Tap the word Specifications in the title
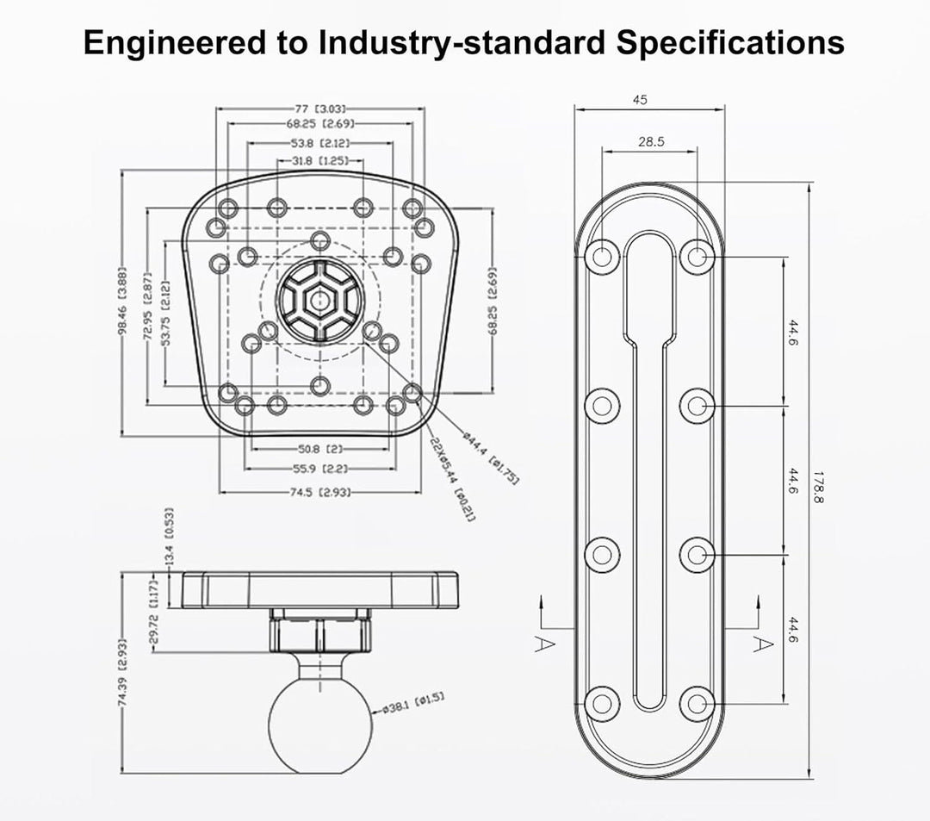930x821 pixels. (x=730, y=43)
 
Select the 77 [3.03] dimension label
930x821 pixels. (x=320, y=109)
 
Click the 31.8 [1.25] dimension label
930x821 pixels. (x=319, y=161)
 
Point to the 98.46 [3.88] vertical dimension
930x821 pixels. (x=122, y=302)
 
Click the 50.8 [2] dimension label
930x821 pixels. (x=320, y=449)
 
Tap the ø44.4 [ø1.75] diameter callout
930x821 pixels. (x=491, y=458)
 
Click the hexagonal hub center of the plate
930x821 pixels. (x=319, y=300)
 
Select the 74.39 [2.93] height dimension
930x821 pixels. (x=122, y=672)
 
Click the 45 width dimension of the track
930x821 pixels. (x=640, y=100)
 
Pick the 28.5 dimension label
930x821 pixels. (x=651, y=142)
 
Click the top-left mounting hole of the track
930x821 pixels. (x=602, y=257)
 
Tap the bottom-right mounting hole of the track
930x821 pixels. (x=697, y=704)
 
